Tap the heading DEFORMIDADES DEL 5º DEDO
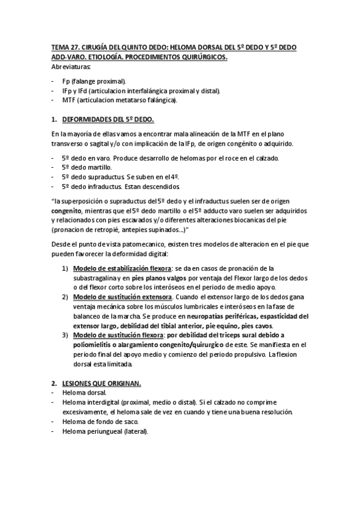coord(108,119)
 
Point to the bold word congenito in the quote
coord(66,212)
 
